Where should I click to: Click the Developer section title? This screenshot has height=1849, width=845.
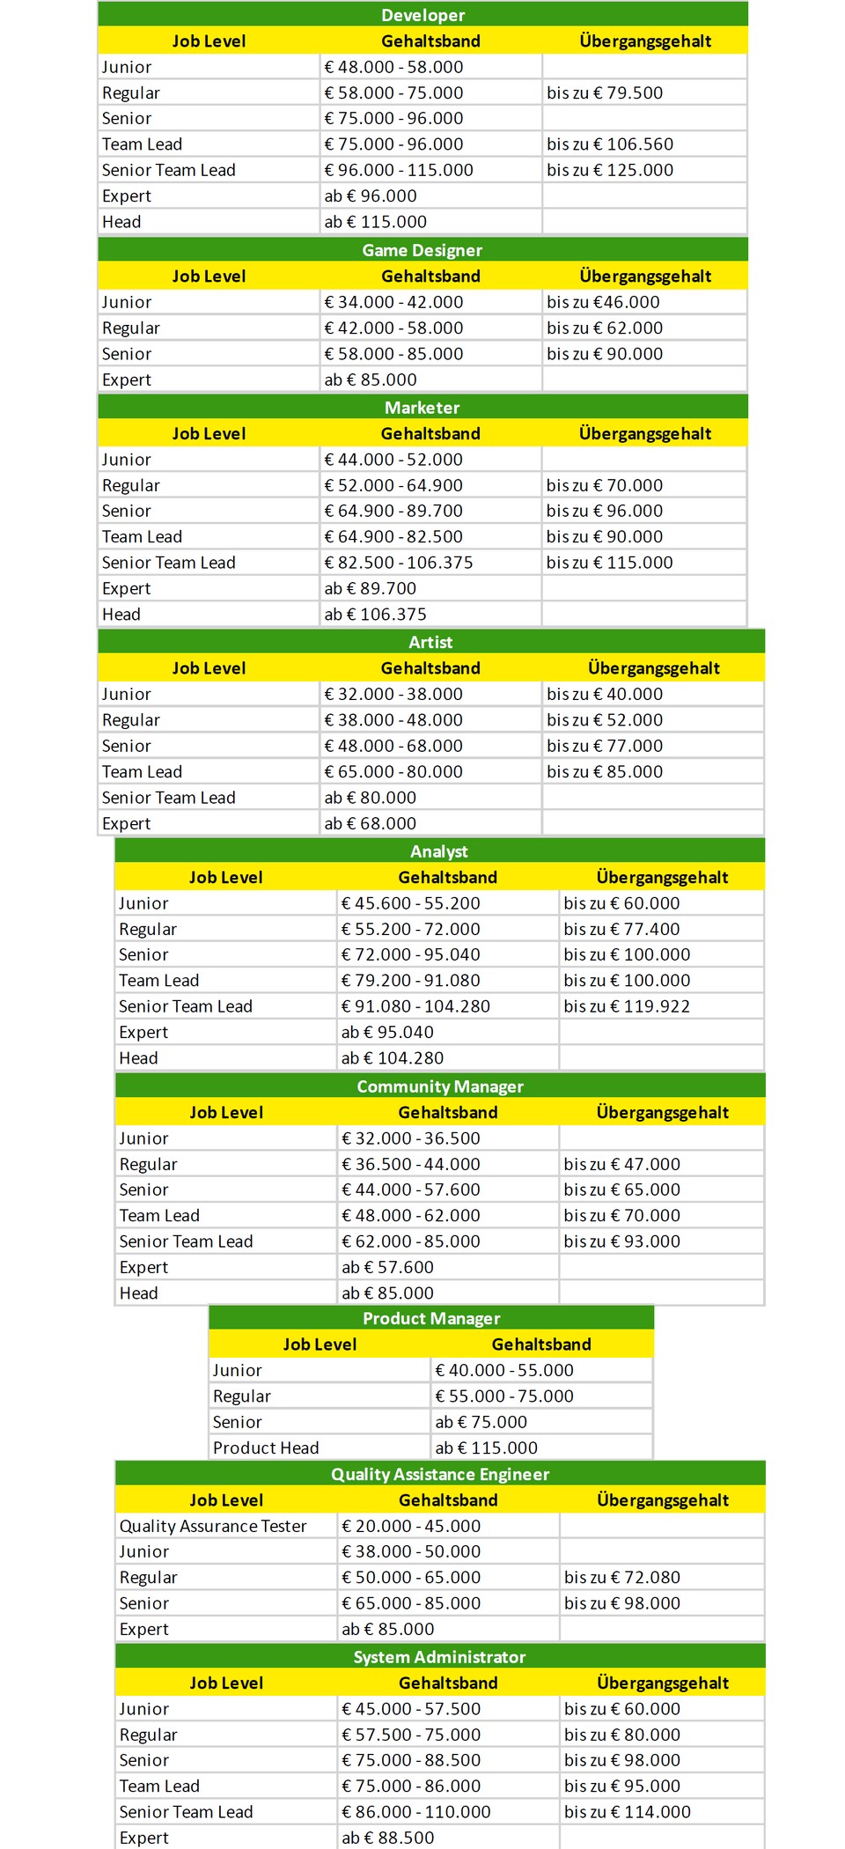click(422, 15)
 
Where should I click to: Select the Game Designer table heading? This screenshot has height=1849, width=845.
click(422, 250)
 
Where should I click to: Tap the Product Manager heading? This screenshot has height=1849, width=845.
click(431, 1318)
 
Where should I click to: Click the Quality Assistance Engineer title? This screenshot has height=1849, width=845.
click(440, 1474)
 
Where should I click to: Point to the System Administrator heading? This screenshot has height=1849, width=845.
click(440, 1657)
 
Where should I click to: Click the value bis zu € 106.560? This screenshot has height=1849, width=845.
click(610, 144)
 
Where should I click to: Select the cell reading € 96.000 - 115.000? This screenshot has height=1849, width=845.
click(399, 170)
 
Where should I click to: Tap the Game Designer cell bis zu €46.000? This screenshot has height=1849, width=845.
click(603, 302)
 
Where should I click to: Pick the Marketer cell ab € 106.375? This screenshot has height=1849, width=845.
click(376, 615)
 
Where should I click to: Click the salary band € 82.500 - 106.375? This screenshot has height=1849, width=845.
click(399, 563)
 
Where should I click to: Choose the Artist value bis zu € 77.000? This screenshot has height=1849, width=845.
click(605, 746)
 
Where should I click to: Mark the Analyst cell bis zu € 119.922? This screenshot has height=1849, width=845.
click(627, 1006)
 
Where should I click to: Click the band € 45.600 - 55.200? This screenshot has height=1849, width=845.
click(411, 903)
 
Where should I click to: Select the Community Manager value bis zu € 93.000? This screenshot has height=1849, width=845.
click(622, 1241)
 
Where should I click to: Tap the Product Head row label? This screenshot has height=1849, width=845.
click(266, 1448)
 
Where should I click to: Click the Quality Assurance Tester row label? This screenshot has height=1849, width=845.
click(213, 1526)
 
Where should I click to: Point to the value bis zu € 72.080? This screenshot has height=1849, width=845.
click(622, 1578)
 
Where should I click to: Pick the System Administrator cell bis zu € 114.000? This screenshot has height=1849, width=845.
click(628, 1812)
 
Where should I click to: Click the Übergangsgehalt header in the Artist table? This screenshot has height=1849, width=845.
click(654, 668)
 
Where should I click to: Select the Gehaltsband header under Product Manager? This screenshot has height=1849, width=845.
click(541, 1344)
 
